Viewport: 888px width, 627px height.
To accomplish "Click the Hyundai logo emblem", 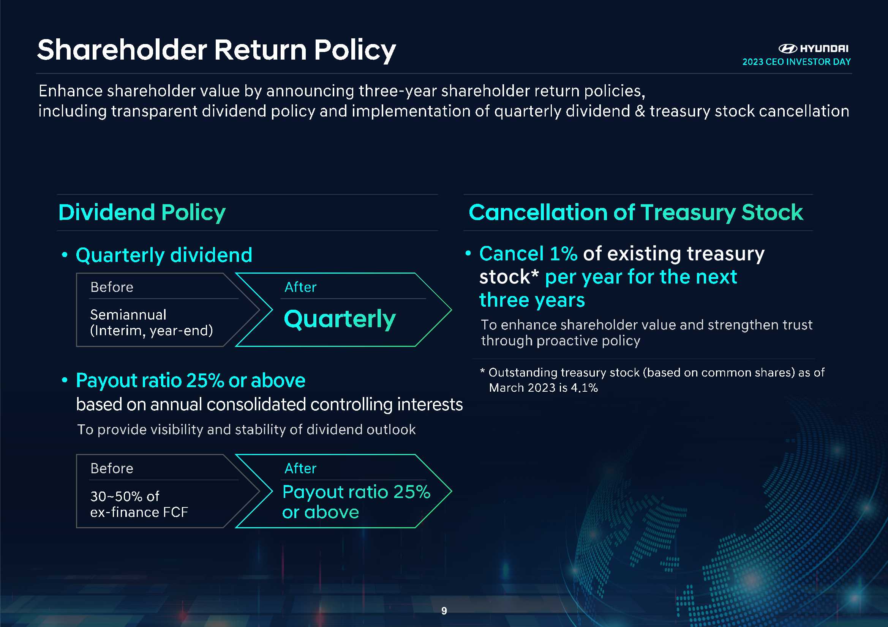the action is tap(787, 48).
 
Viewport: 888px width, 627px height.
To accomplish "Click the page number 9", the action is tap(444, 611).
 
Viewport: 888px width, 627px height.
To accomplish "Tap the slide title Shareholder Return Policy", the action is tap(216, 50).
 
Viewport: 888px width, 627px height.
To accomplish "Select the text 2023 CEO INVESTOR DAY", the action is tap(796, 62).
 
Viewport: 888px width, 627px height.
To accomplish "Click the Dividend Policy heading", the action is tap(142, 213).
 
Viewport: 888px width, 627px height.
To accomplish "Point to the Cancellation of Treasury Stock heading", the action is tap(636, 213).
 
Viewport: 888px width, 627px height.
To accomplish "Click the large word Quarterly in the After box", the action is tap(340, 319).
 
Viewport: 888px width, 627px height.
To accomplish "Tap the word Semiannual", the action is tap(128, 315).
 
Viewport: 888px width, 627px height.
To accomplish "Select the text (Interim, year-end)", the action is tap(152, 331).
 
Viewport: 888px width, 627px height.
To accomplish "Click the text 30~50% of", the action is tap(125, 496).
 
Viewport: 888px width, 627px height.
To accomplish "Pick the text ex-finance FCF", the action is tap(139, 512).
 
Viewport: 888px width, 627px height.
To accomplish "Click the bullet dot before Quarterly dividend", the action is tap(65, 255).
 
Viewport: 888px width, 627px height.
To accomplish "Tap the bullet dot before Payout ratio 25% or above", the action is tap(65, 380).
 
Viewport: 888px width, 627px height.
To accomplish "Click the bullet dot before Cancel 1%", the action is tap(468, 254).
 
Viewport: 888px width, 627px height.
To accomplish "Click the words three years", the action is tap(532, 300).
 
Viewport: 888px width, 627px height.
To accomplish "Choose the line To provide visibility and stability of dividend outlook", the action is tap(246, 430).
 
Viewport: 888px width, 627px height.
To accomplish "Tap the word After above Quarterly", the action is tap(300, 287).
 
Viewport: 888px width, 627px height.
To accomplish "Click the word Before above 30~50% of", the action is tap(112, 468).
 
